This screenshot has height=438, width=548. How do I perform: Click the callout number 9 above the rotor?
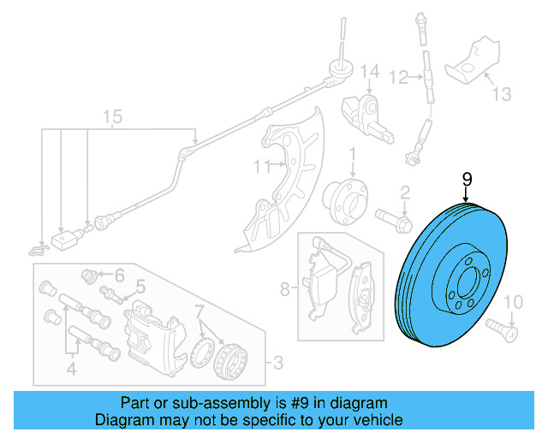(x=467, y=179)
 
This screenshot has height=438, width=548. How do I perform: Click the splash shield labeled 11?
(x=291, y=180)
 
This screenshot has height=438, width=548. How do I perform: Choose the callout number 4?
(x=72, y=370)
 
